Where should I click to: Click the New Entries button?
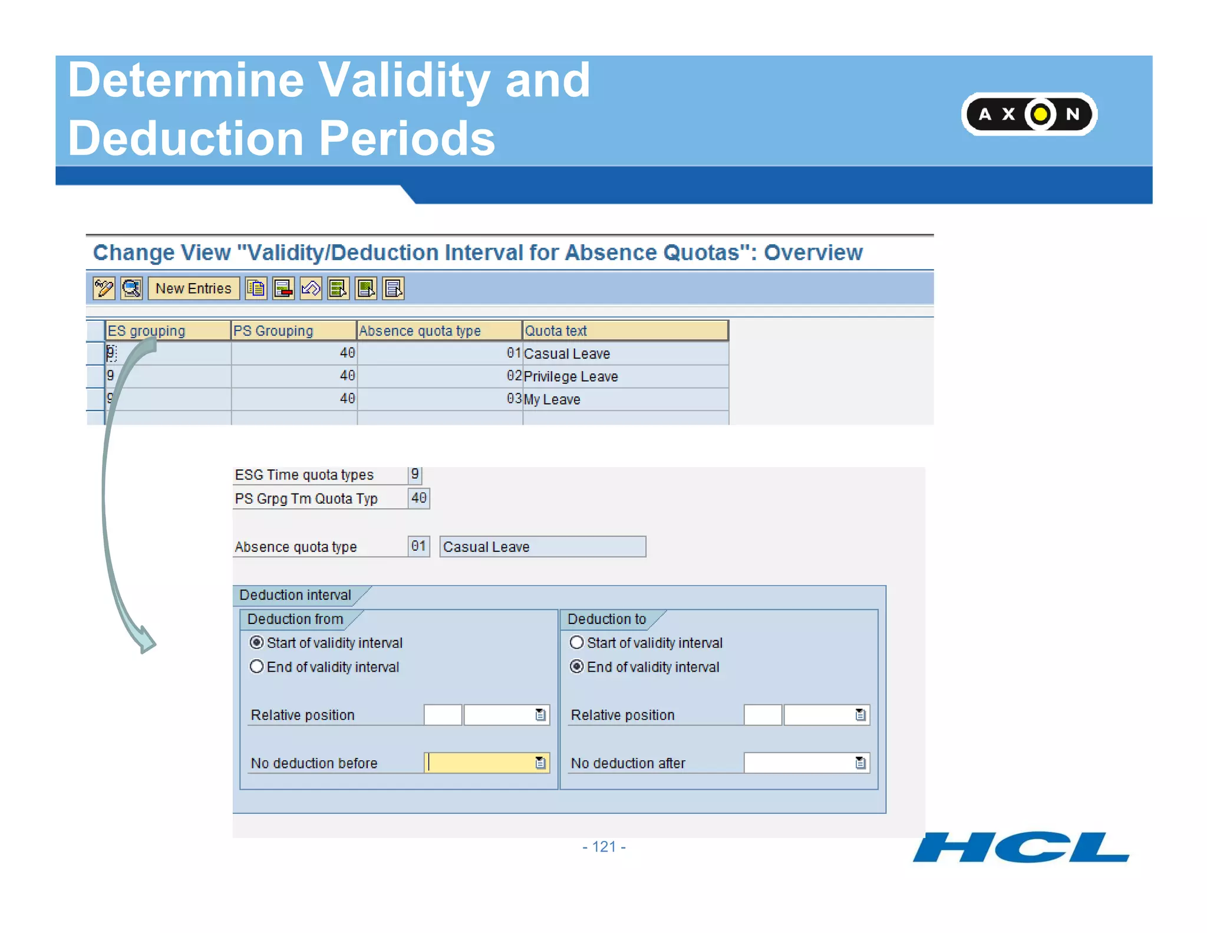(x=193, y=288)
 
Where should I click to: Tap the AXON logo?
(x=1028, y=114)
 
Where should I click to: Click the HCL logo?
(x=1020, y=847)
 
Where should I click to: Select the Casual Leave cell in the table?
(x=625, y=353)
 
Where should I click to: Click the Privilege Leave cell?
(x=625, y=376)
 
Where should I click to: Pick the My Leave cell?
(x=625, y=399)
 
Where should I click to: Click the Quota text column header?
(x=625, y=331)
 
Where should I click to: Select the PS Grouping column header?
(x=293, y=331)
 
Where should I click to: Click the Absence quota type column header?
(x=439, y=331)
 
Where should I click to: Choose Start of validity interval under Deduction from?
(x=257, y=642)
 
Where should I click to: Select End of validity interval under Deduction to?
(x=577, y=666)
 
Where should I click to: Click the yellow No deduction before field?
(x=480, y=763)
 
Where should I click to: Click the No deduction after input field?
(x=799, y=763)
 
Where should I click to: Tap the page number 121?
(x=604, y=847)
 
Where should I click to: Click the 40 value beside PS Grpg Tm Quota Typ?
(x=418, y=498)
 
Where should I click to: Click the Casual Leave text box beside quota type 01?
(x=542, y=547)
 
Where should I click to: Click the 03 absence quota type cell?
(x=439, y=399)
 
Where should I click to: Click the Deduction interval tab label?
(x=295, y=595)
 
